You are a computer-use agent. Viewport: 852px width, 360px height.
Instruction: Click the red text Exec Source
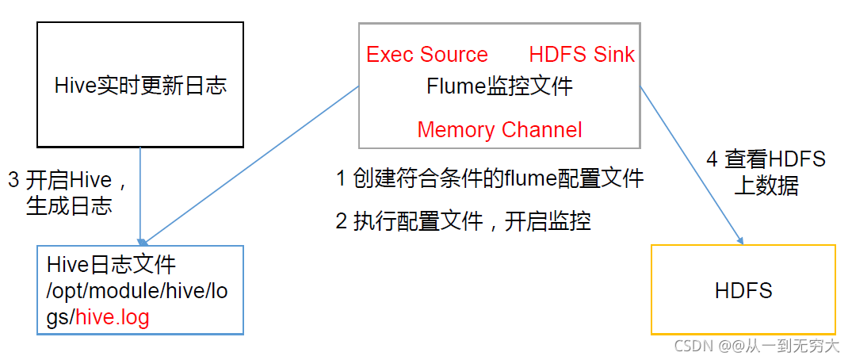click(x=427, y=55)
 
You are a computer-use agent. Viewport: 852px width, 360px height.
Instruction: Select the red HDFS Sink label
click(x=582, y=55)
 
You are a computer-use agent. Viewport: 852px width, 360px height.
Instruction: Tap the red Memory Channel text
click(x=499, y=130)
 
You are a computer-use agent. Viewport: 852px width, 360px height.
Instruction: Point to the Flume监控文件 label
click(x=499, y=86)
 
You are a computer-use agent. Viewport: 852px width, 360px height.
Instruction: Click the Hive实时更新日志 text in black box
click(x=140, y=86)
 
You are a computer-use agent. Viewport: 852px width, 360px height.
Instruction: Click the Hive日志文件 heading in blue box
click(x=111, y=264)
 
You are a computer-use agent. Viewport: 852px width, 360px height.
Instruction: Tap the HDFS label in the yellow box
click(x=743, y=290)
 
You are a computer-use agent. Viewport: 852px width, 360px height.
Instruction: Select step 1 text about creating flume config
click(x=490, y=179)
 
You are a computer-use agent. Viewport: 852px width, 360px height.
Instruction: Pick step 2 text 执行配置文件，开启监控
click(x=463, y=221)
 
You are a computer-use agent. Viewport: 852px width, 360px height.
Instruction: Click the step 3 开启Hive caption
click(x=68, y=179)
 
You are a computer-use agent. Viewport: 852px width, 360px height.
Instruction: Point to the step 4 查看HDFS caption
click(x=766, y=159)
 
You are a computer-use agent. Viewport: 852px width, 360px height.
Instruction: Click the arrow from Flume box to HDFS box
click(x=691, y=163)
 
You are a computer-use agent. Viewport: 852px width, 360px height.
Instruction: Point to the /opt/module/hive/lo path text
click(x=137, y=290)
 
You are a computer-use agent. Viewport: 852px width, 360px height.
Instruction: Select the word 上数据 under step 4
click(x=766, y=186)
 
